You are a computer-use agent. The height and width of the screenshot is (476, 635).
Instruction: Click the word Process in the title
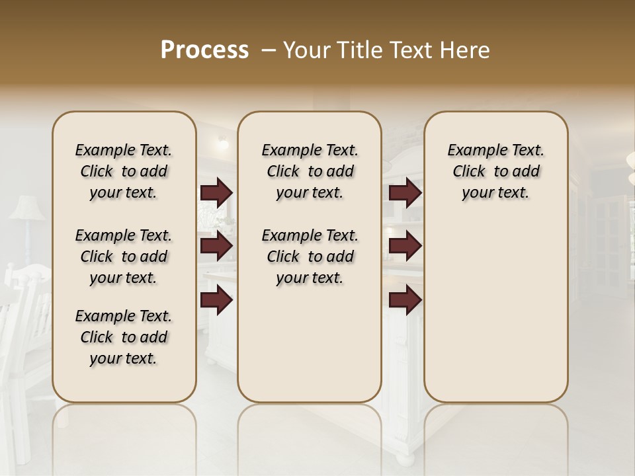pyautogui.click(x=204, y=50)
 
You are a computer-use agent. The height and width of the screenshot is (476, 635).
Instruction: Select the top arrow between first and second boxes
pyautogui.click(x=216, y=193)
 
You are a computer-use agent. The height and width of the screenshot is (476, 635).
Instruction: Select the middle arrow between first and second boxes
pyautogui.click(x=216, y=247)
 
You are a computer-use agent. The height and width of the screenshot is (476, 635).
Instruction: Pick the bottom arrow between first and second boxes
pyautogui.click(x=216, y=299)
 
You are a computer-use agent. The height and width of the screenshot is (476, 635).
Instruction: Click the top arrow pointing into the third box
pyautogui.click(x=405, y=193)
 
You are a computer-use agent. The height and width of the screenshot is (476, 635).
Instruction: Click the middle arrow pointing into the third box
pyautogui.click(x=405, y=247)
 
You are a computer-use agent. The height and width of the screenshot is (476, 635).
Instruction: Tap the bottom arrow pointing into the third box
pyautogui.click(x=405, y=299)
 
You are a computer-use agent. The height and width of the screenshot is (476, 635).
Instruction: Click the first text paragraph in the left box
pyautogui.click(x=124, y=171)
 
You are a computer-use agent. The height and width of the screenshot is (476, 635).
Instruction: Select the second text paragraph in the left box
pyautogui.click(x=124, y=257)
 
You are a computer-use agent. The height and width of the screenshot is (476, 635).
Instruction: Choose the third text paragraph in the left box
pyautogui.click(x=124, y=337)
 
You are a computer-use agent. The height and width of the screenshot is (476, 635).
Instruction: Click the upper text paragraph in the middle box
pyautogui.click(x=310, y=171)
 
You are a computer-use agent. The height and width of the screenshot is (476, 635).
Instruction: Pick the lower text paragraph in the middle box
pyautogui.click(x=310, y=257)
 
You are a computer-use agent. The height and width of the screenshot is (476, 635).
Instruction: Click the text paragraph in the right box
pyautogui.click(x=495, y=171)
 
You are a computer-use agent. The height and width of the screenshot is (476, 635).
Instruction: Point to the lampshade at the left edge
pyautogui.click(x=25, y=209)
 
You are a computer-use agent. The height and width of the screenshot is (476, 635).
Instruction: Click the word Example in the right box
pyautogui.click(x=474, y=151)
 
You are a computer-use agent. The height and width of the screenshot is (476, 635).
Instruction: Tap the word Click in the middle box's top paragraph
pyautogui.click(x=283, y=172)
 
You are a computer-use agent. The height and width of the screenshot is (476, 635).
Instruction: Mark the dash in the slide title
pyautogui.click(x=269, y=50)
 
